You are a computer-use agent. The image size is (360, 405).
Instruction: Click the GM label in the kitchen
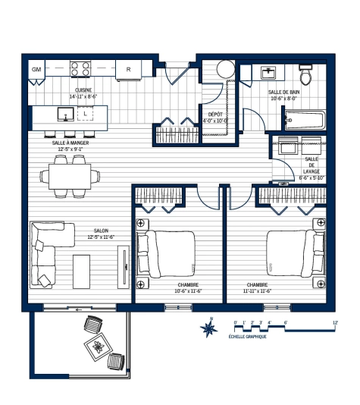36,70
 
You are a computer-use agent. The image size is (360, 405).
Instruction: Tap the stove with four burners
81,69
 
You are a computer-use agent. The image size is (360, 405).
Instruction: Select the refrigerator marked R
129,70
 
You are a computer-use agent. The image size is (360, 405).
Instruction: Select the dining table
70,176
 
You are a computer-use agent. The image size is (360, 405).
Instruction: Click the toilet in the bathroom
305,74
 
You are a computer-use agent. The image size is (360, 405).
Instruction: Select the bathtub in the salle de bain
304,120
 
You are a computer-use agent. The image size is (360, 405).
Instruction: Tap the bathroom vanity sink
269,73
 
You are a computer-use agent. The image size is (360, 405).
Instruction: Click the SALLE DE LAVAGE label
311,168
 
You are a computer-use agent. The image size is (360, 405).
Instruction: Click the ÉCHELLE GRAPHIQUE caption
252,335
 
